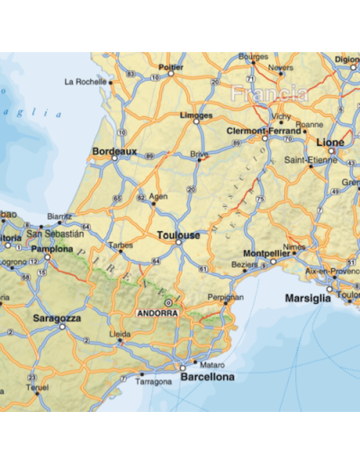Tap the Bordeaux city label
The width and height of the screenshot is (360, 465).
click(114, 152)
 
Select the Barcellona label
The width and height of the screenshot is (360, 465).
click(207, 377)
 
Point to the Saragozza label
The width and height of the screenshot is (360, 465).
click(58, 317)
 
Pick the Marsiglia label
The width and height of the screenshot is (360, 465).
click(308, 298)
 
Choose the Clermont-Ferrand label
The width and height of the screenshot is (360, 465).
click(264, 129)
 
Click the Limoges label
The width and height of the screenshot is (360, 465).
click(196, 116)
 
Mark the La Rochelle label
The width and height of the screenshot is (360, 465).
click(85, 81)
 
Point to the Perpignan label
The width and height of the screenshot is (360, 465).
click(225, 296)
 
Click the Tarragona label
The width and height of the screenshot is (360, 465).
click(153, 381)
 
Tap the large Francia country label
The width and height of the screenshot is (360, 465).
click(268, 94)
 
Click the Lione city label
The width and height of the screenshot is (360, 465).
click(331, 142)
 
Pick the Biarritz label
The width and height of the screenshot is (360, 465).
click(59, 217)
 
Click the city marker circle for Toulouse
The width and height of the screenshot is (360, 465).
click(178, 242)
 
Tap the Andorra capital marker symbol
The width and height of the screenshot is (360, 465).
click(167, 304)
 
